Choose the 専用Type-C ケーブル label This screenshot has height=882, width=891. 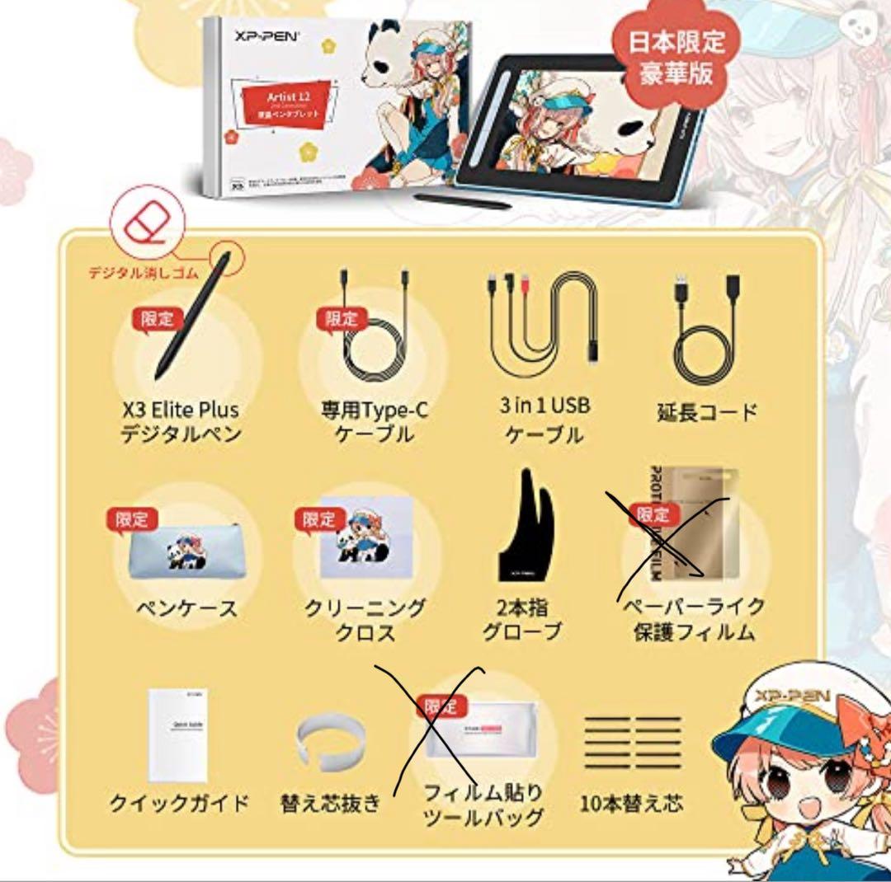click(375, 420)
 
